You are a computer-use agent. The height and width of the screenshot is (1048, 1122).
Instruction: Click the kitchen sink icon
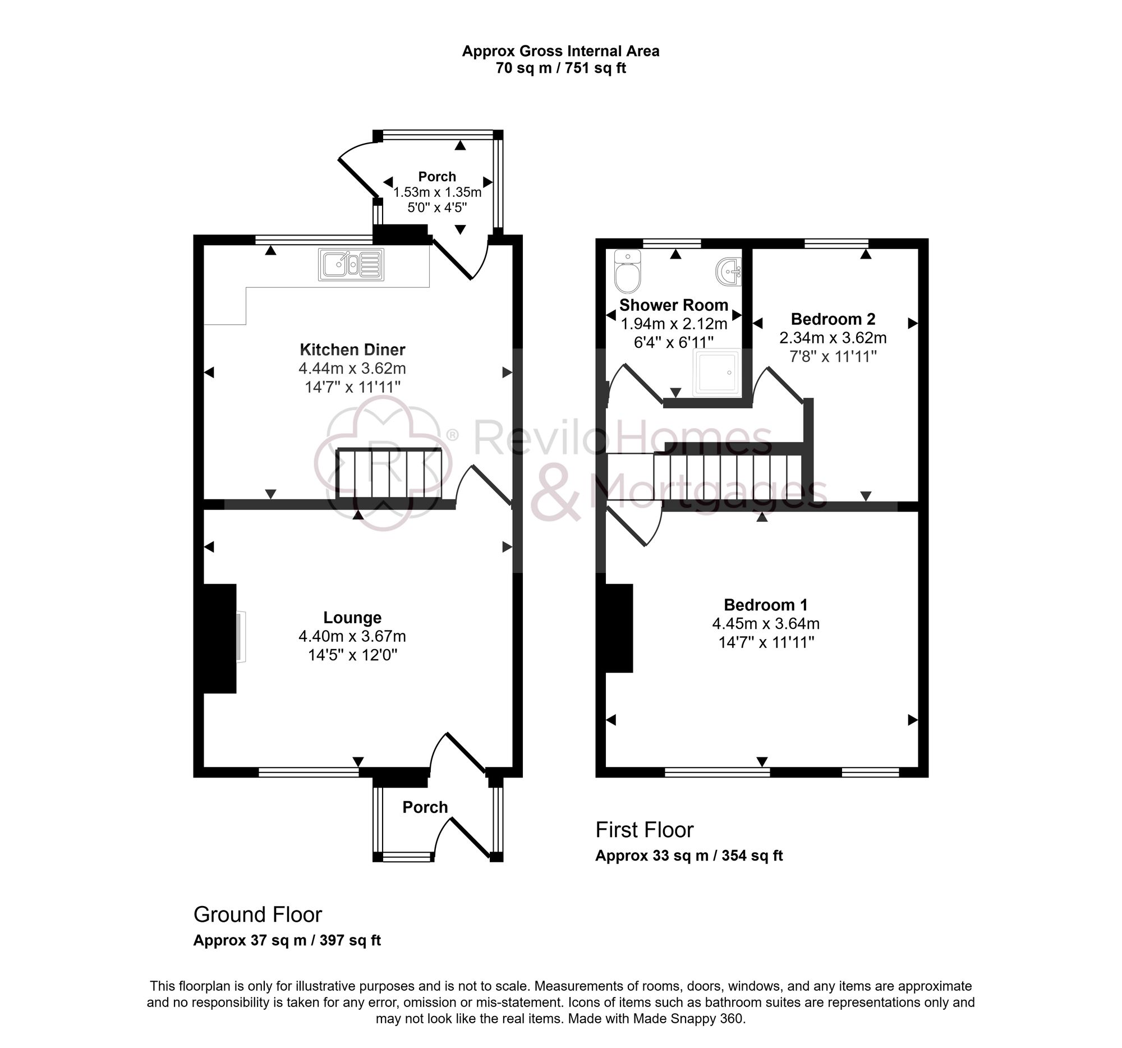(351, 265)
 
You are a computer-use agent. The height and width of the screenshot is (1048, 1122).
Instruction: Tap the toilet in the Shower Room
(627, 272)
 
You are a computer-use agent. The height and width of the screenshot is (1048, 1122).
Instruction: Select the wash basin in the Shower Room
(729, 272)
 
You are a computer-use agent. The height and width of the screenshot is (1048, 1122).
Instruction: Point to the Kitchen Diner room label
(352, 350)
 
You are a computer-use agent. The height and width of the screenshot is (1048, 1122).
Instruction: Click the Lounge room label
(352, 617)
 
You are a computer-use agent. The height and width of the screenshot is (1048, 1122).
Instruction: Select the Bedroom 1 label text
(765, 605)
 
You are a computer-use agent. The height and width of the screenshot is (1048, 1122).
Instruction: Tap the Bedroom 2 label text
(833, 319)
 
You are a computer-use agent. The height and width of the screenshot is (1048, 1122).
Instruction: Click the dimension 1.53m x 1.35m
(437, 192)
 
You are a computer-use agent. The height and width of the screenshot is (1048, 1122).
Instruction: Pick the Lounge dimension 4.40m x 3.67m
(352, 636)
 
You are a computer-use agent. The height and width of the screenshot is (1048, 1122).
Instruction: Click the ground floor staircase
(388, 474)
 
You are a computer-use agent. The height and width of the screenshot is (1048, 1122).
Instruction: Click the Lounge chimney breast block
(219, 638)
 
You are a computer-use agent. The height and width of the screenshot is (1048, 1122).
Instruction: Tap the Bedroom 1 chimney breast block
(619, 628)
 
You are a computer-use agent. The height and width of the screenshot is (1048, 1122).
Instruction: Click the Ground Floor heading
(257, 914)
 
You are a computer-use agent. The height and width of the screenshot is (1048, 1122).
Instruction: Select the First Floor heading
(644, 830)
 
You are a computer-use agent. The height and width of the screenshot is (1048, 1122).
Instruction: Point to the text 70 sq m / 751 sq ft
(560, 68)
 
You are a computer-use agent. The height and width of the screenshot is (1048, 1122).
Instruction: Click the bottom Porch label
(425, 807)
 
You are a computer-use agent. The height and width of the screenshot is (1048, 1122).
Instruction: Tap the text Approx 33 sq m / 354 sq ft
(688, 856)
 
